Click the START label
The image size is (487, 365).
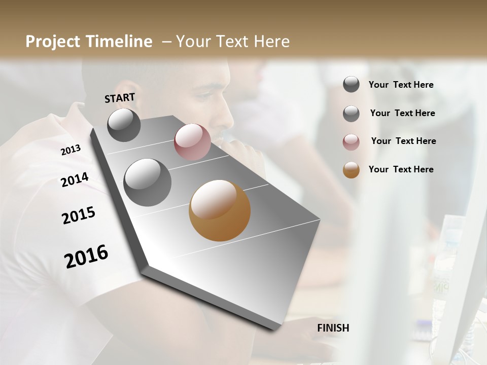tap(120, 98)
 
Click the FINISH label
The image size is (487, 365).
tap(333, 328)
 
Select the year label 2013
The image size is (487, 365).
tap(71, 150)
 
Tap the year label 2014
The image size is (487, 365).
tap(75, 180)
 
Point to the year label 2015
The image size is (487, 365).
tap(79, 215)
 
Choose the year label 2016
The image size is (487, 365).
tap(86, 257)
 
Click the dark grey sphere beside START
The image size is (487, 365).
tap(124, 125)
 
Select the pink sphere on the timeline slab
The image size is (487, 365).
tap(192, 142)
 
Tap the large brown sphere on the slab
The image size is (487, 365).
tap(220, 210)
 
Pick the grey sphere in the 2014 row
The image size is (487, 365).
tap(147, 182)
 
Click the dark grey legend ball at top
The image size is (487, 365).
tap(351, 84)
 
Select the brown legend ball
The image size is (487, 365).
tap(351, 170)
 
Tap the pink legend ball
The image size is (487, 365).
tap(351, 142)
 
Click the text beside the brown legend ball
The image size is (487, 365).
tap(401, 169)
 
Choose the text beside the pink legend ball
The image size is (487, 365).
tap(403, 141)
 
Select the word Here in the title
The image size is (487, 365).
tap(271, 42)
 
